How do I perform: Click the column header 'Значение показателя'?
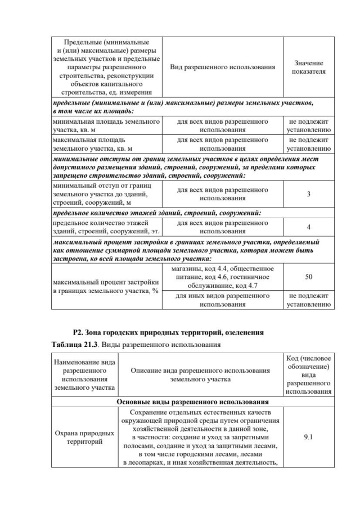pos(309,67)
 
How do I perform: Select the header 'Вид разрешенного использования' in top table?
pos(222,67)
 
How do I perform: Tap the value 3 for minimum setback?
pos(309,195)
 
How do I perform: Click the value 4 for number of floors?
pos(309,227)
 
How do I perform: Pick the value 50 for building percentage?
pos(309,277)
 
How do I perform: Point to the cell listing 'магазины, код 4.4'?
pos(222,277)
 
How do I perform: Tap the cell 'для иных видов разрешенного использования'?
pos(222,300)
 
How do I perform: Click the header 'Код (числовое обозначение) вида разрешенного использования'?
pos(308,375)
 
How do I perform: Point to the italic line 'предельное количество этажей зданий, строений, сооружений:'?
pos(156,213)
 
